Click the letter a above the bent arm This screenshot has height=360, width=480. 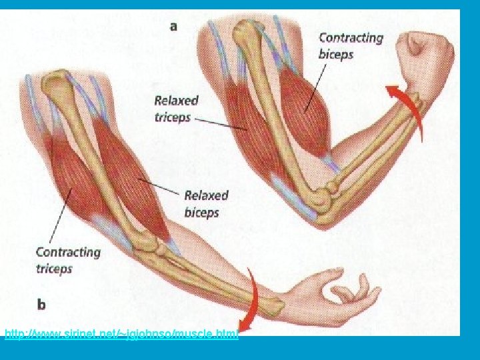[x=174, y=27]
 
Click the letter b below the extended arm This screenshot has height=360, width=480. [x=41, y=305]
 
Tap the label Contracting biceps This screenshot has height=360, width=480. [x=351, y=45]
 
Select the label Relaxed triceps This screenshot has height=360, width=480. [x=176, y=109]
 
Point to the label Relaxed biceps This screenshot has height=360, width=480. [x=206, y=204]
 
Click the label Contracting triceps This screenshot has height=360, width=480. [x=67, y=260]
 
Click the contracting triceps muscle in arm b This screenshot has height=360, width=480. [x=70, y=180]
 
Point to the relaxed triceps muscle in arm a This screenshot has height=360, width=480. [x=247, y=123]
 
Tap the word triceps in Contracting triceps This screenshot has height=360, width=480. [x=54, y=269]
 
